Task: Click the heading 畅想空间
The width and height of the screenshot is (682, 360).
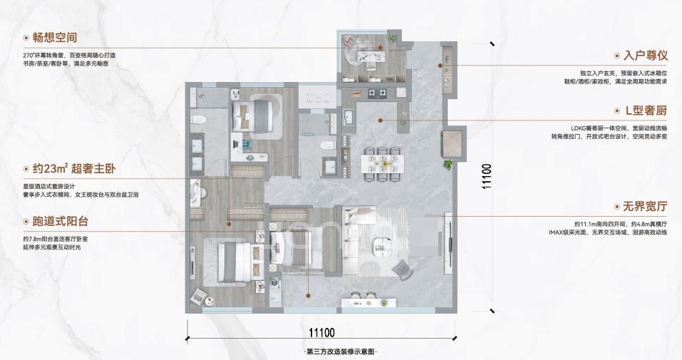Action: [55, 38]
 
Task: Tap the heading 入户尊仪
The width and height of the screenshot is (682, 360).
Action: [645, 56]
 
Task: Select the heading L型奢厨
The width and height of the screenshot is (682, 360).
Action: [646, 110]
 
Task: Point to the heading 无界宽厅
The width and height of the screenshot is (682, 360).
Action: [645, 206]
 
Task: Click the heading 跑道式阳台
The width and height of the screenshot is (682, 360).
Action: [61, 222]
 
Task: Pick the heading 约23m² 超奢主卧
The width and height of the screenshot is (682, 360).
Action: [74, 168]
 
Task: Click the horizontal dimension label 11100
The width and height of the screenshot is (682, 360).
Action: [322, 333]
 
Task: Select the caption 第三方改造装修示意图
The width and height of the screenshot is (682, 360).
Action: [341, 351]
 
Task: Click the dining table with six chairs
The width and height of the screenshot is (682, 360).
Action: [383, 164]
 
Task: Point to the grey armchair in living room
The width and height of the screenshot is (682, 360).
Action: [403, 269]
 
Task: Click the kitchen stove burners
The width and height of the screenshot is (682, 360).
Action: [378, 92]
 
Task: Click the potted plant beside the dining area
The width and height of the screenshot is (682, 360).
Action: [448, 165]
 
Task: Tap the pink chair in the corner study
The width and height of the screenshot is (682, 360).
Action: [348, 40]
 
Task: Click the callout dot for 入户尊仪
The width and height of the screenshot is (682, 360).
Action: [440, 66]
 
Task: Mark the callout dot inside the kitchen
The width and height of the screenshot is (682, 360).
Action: [380, 120]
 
